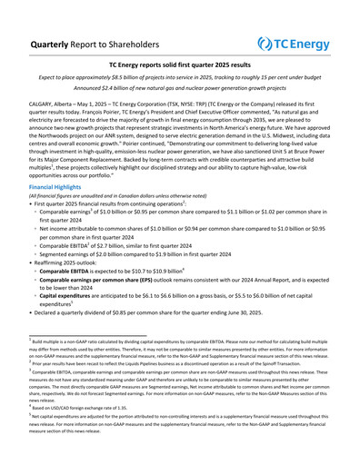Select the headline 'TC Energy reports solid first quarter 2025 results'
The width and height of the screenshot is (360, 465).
point(180,66)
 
